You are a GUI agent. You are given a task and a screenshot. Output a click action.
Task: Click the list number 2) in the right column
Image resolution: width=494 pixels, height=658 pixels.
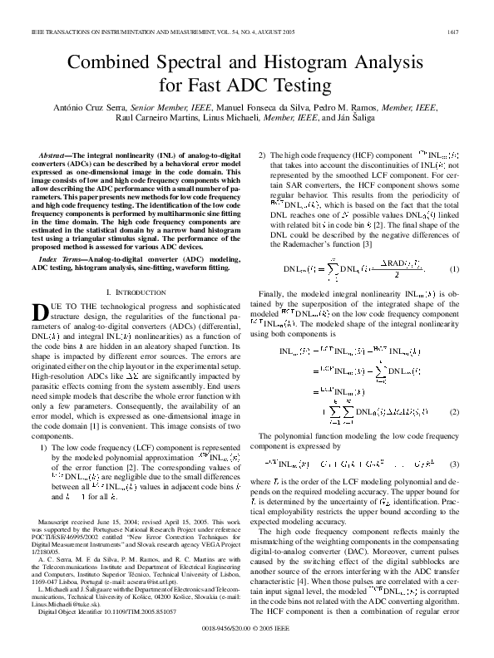pos(264,155)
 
